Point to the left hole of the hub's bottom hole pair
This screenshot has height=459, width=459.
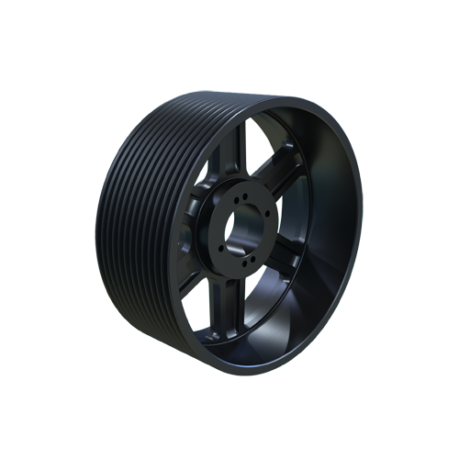point(244,263)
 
